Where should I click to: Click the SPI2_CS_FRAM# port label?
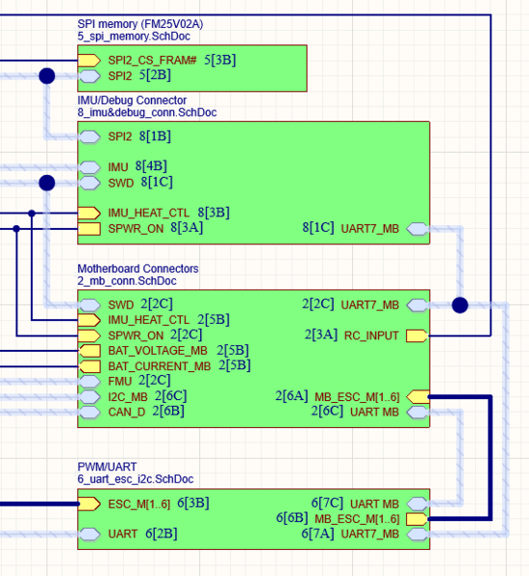point(152,60)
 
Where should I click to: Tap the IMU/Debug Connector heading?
point(132,100)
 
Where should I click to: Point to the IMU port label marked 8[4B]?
point(117,166)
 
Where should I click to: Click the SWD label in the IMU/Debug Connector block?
point(120,182)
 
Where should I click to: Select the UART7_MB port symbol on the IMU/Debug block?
point(417,229)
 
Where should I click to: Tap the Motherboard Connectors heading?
point(138,268)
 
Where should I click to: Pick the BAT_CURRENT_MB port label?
point(159,366)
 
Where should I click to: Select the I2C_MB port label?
point(128,396)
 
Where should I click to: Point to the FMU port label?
point(121,381)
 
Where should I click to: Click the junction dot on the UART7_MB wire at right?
point(460,305)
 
